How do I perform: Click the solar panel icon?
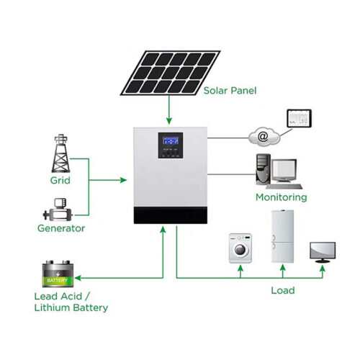(x=170, y=73)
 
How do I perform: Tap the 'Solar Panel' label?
(x=230, y=91)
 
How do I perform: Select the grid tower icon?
(x=61, y=153)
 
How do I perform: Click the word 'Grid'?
(x=60, y=180)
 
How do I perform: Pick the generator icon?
(x=58, y=210)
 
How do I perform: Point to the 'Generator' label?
(x=61, y=228)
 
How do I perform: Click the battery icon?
(x=58, y=274)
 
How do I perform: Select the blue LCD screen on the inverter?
(x=171, y=140)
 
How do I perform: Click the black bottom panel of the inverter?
(x=171, y=215)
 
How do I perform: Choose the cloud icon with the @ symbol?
(x=264, y=137)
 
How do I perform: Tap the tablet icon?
(x=300, y=118)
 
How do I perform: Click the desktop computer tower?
(x=264, y=169)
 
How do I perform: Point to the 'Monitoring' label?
(x=282, y=197)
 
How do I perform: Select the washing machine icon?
(x=240, y=248)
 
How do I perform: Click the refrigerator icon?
(x=282, y=236)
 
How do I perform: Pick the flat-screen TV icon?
(x=323, y=253)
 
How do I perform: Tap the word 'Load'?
(x=283, y=290)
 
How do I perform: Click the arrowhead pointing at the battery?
(x=78, y=278)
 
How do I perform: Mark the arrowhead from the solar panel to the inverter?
(x=169, y=121)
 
